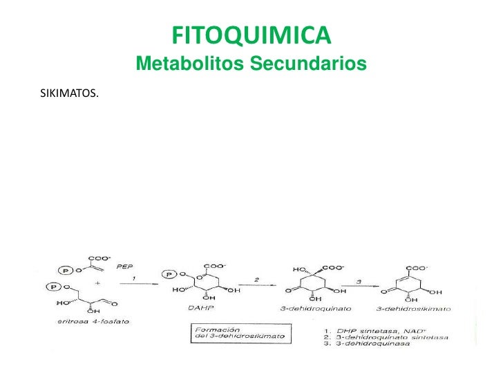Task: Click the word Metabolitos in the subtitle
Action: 191,64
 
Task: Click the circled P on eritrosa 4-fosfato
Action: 53,285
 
